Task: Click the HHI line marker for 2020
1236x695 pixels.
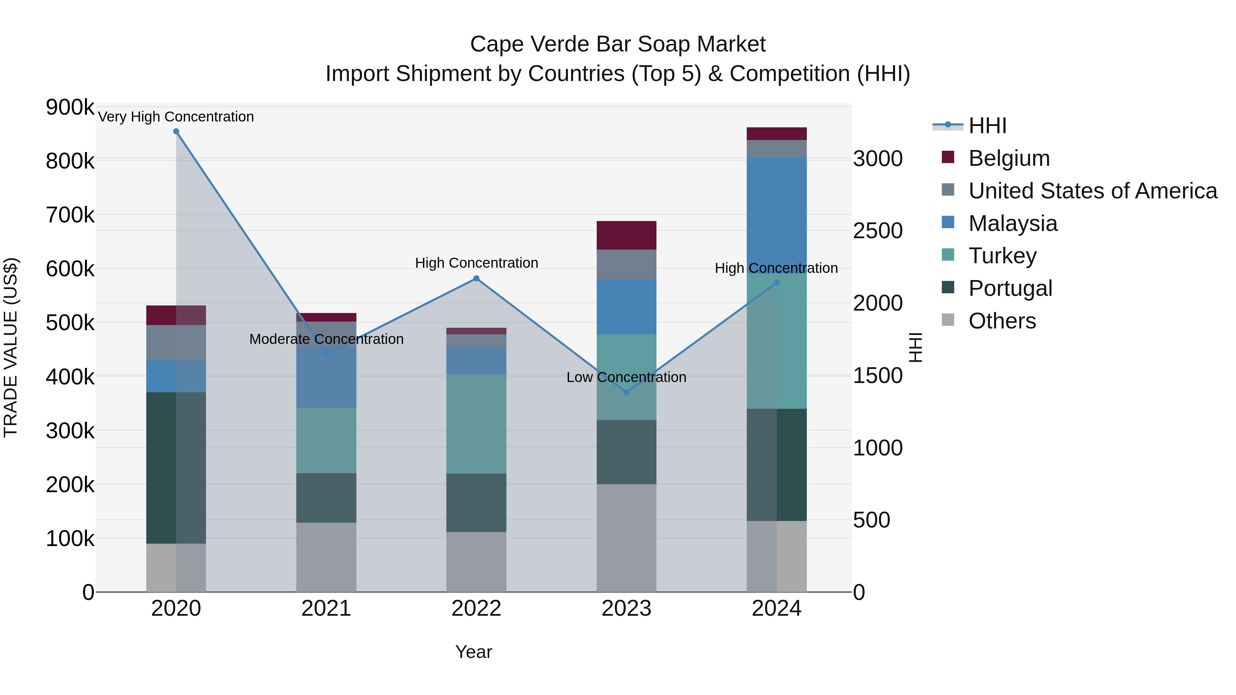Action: coord(176,131)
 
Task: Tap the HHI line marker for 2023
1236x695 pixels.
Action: coord(626,392)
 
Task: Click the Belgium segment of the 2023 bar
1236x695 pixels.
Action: coord(626,235)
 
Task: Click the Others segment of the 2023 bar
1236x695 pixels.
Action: coord(626,537)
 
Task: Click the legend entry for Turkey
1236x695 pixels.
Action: coord(1002,256)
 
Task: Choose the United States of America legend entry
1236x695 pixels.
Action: coord(1092,191)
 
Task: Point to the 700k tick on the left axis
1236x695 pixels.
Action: coord(70,215)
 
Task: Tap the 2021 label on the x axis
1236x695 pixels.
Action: coord(326,609)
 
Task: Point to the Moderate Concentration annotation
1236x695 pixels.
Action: coord(326,339)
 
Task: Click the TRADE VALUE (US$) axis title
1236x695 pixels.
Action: coord(11,347)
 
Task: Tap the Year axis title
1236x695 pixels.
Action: coord(473,652)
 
